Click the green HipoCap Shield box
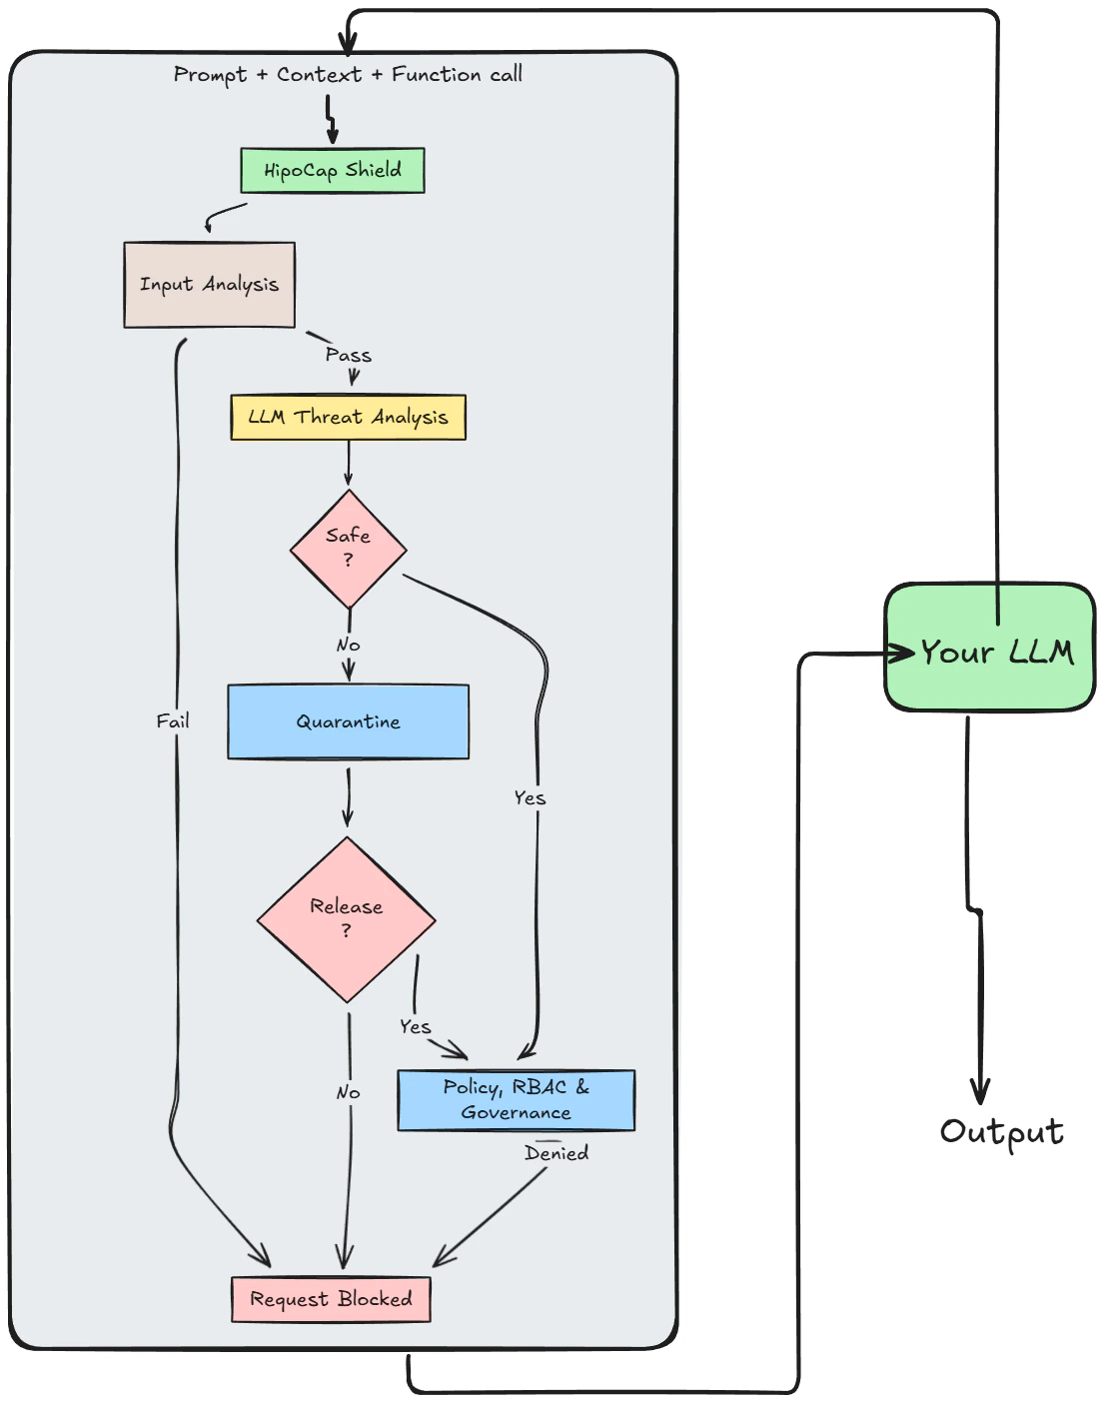(x=332, y=170)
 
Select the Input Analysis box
(x=209, y=285)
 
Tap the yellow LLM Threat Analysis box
(x=348, y=417)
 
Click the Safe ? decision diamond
(x=348, y=549)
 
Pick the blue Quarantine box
(x=348, y=721)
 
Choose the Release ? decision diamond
(x=346, y=918)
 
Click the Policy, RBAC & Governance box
(x=516, y=1100)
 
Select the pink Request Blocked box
(x=331, y=1299)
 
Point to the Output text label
(x=1001, y=1131)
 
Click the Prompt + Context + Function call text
(x=348, y=75)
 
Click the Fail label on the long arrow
(x=173, y=720)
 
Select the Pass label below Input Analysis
(x=348, y=355)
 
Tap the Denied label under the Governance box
(x=556, y=1153)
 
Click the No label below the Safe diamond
(x=348, y=645)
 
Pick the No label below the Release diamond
(x=348, y=1092)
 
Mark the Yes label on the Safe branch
(x=530, y=797)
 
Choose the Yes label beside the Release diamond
(x=415, y=1026)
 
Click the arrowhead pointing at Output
(x=980, y=1091)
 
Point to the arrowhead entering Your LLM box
(x=903, y=654)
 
